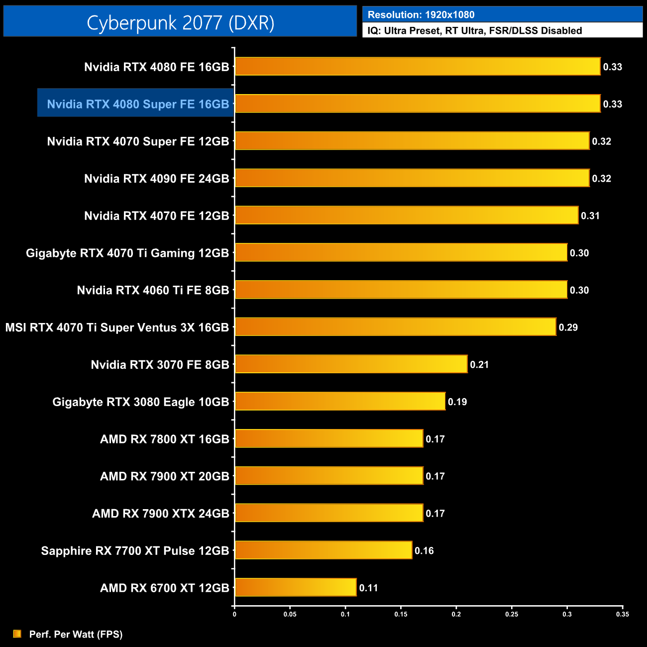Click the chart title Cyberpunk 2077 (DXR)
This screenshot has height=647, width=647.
pyautogui.click(x=180, y=22)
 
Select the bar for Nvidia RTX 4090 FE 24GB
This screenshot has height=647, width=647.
pyautogui.click(x=412, y=178)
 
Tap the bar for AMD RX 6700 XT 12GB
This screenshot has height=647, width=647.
pyautogui.click(x=296, y=587)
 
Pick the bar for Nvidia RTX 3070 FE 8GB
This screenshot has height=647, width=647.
pyautogui.click(x=351, y=364)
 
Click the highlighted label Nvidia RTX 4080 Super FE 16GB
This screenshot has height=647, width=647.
pyautogui.click(x=138, y=104)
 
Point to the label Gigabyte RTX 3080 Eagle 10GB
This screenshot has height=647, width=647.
pyautogui.click(x=141, y=402)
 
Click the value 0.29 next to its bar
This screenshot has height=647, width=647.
pyautogui.click(x=568, y=327)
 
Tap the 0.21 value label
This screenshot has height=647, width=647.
pyautogui.click(x=479, y=365)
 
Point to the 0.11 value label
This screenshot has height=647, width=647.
pyautogui.click(x=369, y=588)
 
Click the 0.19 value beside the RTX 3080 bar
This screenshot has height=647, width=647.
pyautogui.click(x=457, y=402)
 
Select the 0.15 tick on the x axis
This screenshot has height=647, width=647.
pyautogui.click(x=401, y=614)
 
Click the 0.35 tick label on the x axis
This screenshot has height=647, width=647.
pyautogui.click(x=623, y=614)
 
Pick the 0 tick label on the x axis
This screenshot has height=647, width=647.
pyautogui.click(x=234, y=614)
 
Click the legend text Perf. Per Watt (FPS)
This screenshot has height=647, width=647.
pyautogui.click(x=76, y=634)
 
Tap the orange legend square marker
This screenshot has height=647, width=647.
pyautogui.click(x=17, y=634)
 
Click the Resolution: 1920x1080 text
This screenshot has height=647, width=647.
pyautogui.click(x=421, y=15)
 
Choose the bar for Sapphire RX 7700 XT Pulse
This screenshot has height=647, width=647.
pyautogui.click(x=323, y=550)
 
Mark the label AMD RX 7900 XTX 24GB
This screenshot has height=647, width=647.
pyautogui.click(x=161, y=514)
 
